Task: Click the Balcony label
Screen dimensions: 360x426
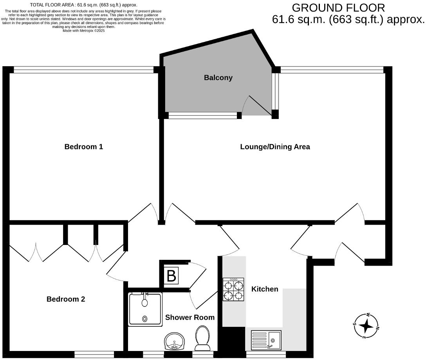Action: coord(218,77)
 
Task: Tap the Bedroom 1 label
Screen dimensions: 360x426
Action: coord(83,147)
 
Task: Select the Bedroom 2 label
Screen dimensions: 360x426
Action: coord(66,299)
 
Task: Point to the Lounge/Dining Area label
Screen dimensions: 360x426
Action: coord(275,147)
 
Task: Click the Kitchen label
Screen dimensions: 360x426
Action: coord(265,289)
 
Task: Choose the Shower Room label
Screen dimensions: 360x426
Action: coord(190,317)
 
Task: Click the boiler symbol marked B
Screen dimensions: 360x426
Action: coord(171,276)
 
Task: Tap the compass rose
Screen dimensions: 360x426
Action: coord(366,325)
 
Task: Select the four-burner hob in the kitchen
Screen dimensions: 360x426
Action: coord(233,290)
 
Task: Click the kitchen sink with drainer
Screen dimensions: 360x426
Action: coord(266,340)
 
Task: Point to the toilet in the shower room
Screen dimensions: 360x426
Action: coord(202,338)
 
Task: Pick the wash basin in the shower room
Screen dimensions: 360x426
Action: coord(175,341)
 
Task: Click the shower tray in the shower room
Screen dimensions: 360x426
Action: coord(145,309)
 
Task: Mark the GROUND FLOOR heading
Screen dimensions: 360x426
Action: coord(338,7)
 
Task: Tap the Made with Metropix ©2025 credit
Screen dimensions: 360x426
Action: coord(83,30)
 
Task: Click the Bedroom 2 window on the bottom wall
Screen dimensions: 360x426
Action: coord(94,354)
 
